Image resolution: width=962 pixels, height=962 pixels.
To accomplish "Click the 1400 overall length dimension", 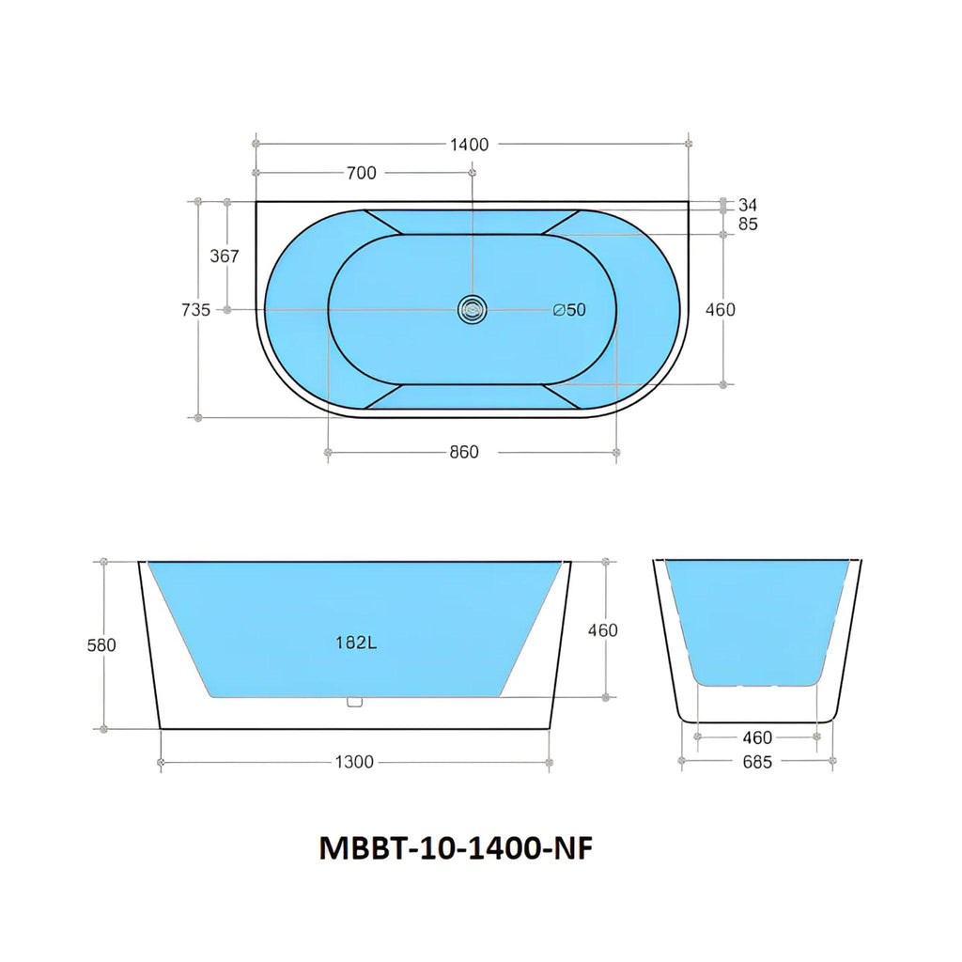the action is click(470, 145).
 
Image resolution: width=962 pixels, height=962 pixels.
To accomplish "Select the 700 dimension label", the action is click(362, 174).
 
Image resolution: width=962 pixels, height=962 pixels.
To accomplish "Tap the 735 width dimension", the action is click(195, 310).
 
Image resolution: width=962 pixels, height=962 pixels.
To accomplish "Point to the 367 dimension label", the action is click(225, 256).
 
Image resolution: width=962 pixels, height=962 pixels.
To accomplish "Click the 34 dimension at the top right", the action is click(747, 205).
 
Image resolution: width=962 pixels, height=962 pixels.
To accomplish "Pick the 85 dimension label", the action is click(748, 224).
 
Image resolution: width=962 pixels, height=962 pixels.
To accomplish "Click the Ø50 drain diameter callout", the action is click(569, 310).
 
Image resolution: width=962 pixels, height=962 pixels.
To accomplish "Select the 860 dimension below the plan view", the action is click(464, 452).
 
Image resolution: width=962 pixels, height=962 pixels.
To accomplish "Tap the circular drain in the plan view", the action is click(472, 310).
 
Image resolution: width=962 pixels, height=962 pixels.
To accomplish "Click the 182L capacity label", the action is click(356, 643).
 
